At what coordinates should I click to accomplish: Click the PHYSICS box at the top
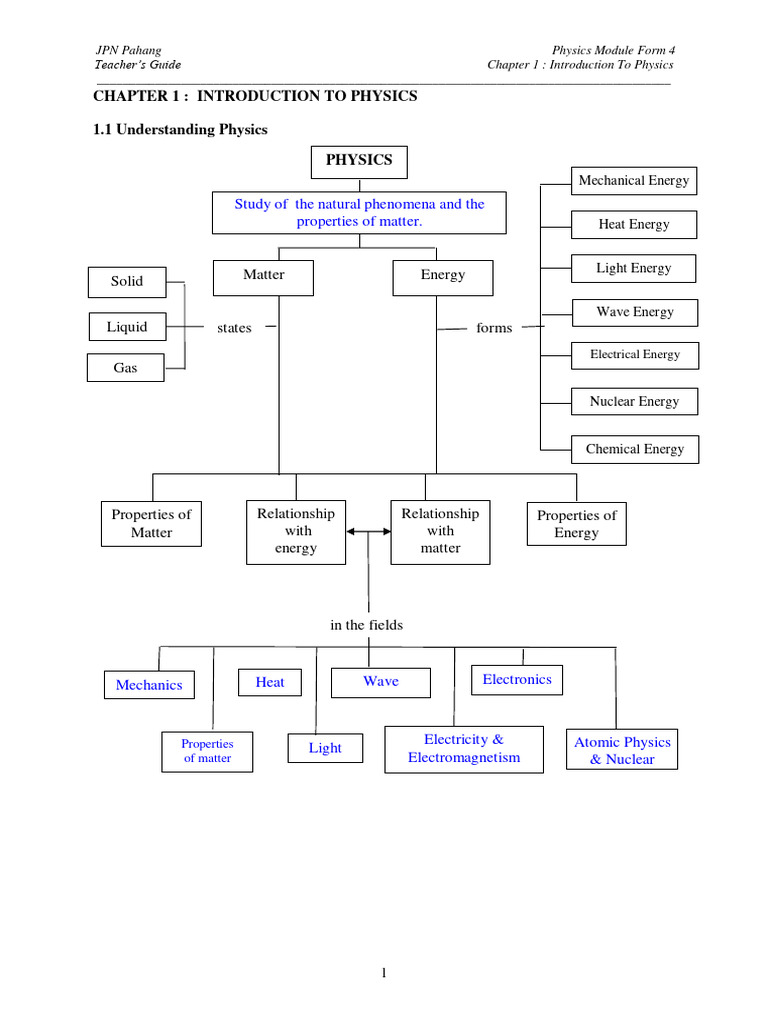tap(359, 160)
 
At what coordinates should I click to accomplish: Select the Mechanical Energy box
tap(634, 181)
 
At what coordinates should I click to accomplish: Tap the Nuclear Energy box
tap(634, 402)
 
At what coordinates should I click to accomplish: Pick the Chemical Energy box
tap(635, 449)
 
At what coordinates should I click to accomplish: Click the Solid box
tap(127, 282)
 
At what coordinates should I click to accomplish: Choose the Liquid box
tap(127, 327)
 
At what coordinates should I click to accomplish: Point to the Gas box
tap(126, 368)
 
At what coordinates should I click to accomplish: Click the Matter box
tap(264, 276)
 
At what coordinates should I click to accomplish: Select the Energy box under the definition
tap(443, 276)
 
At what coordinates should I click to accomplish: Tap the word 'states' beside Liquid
tap(234, 328)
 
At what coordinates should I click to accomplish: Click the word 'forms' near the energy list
tap(494, 328)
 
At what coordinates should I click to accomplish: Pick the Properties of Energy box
tap(577, 524)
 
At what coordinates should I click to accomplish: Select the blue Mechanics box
tap(149, 685)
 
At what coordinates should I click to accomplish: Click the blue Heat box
tap(270, 682)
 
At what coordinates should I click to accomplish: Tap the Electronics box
tap(517, 680)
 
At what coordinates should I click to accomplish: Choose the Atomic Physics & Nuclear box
tap(622, 750)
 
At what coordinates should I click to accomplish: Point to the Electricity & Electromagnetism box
tap(464, 749)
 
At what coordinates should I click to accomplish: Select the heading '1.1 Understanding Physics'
tap(180, 130)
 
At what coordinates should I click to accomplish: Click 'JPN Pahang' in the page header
tap(128, 50)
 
